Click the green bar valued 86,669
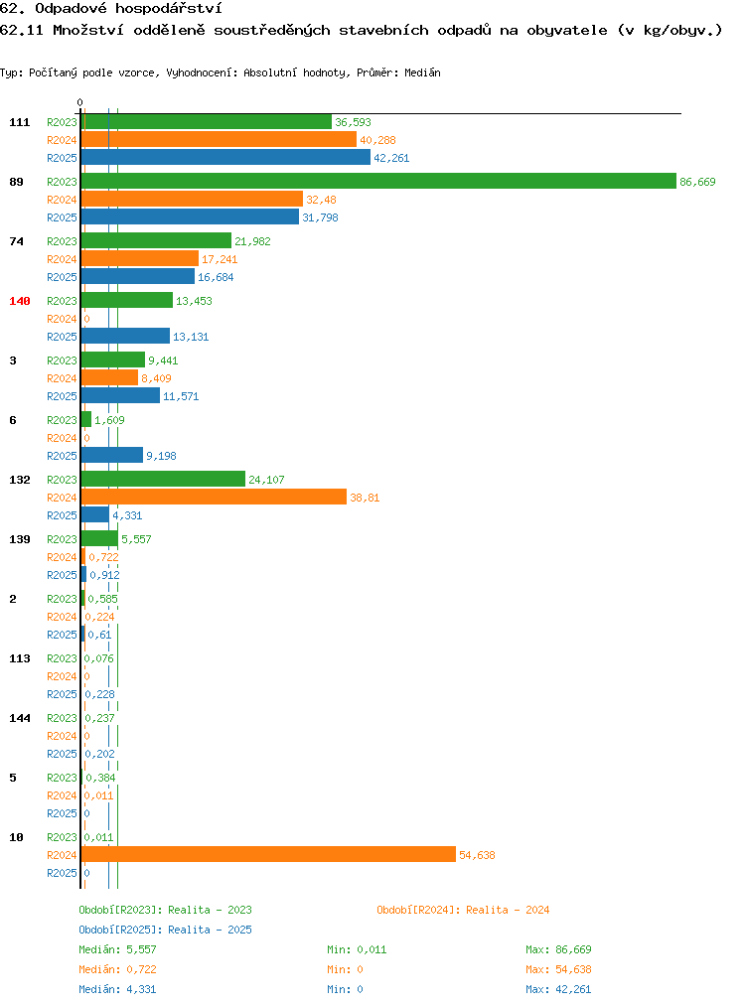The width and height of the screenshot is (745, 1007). click(378, 181)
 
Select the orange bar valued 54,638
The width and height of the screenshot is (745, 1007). click(268, 854)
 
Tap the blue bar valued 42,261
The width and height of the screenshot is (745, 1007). click(226, 157)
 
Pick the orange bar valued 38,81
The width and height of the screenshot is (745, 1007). click(214, 497)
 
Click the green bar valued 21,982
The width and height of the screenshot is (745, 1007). click(156, 241)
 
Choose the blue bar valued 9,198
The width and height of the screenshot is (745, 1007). click(112, 455)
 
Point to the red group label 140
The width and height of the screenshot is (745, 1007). click(19, 301)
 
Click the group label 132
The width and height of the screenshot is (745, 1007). click(19, 480)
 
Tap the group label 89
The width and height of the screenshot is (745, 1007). click(16, 182)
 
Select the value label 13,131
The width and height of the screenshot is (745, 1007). click(191, 337)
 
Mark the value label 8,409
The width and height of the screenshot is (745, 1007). click(156, 378)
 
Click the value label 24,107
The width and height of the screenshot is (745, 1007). click(266, 480)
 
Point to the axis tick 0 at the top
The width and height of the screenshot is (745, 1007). click(79, 102)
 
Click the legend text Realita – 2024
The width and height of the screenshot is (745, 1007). click(508, 910)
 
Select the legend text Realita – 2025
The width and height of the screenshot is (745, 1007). click(210, 930)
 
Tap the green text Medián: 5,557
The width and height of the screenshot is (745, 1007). click(117, 949)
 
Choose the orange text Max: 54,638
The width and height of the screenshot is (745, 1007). click(558, 969)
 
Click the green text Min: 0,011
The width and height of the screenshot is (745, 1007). click(357, 949)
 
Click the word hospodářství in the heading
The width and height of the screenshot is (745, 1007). click(169, 9)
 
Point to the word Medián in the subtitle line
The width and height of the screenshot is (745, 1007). click(422, 72)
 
